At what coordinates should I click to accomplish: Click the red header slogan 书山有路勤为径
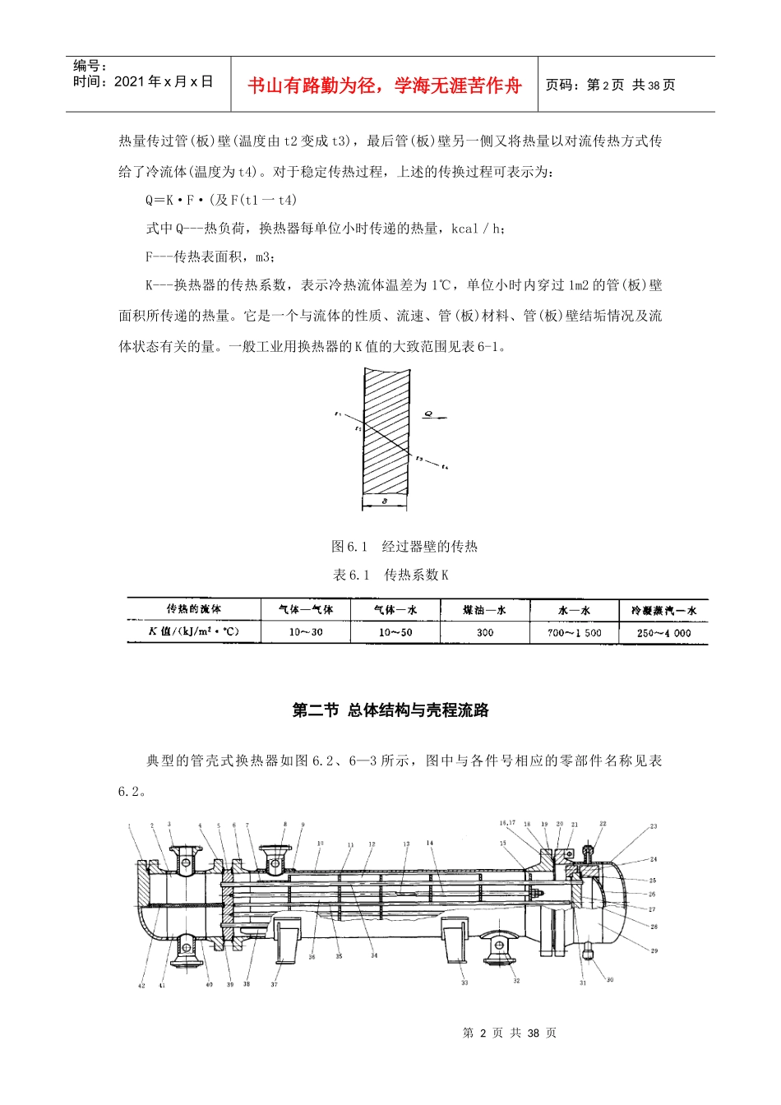384,86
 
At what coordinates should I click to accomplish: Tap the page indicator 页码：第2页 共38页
610,86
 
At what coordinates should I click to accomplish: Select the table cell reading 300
485,632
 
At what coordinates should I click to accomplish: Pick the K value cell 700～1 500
574,632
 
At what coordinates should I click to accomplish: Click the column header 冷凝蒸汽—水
663,610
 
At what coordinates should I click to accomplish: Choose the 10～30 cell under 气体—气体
306,632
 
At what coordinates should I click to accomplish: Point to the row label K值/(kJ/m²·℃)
194,631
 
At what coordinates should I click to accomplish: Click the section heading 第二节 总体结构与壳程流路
390,710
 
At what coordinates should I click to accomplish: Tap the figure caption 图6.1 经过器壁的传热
404,547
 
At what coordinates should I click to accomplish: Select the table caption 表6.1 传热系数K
390,575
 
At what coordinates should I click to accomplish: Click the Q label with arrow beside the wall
430,414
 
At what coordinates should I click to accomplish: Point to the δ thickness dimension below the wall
385,500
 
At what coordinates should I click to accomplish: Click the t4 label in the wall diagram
445,467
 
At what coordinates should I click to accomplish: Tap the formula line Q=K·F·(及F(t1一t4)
221,200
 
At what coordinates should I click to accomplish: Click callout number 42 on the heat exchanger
141,985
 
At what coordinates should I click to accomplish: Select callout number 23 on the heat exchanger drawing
654,826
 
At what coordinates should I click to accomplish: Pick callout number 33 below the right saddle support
464,982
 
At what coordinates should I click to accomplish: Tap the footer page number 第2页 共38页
510,1033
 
